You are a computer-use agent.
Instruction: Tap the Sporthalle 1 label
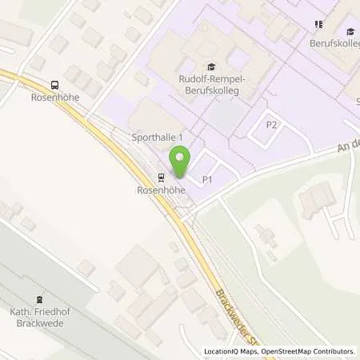(158, 138)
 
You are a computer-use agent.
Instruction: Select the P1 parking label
(206, 179)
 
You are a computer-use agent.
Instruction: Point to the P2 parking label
(272, 125)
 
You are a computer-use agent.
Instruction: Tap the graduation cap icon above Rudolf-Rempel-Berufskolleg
(210, 66)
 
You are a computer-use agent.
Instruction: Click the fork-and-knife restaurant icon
(319, 24)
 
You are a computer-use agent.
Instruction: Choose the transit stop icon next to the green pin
(161, 178)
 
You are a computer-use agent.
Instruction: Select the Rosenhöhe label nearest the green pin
(161, 191)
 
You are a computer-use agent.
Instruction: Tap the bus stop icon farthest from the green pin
(54, 85)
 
